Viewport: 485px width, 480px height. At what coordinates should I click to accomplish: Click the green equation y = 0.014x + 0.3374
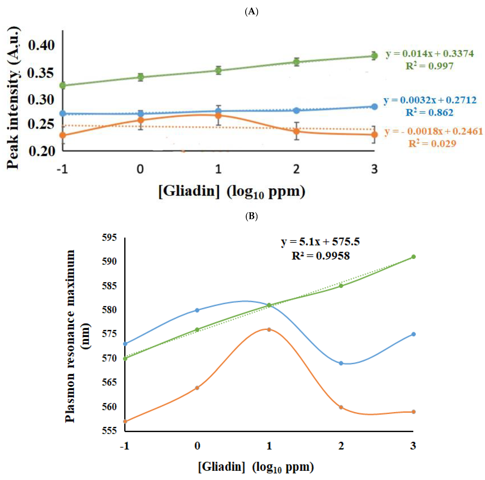[x=430, y=54]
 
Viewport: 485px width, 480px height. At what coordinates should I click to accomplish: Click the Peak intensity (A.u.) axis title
[x=13, y=98]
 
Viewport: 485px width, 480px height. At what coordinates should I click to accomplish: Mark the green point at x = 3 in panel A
[x=374, y=56]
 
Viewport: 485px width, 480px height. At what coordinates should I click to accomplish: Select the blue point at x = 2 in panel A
[x=297, y=110]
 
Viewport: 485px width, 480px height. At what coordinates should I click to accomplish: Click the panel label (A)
[x=251, y=12]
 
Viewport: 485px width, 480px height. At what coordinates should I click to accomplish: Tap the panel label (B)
[x=251, y=216]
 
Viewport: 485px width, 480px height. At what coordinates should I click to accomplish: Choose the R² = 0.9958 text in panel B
[x=321, y=256]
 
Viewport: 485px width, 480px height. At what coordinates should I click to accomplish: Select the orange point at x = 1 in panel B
[x=269, y=330]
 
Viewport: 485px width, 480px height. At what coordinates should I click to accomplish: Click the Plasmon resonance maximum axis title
[x=70, y=336]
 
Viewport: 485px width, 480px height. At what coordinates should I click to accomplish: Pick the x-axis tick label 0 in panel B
[x=197, y=446]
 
